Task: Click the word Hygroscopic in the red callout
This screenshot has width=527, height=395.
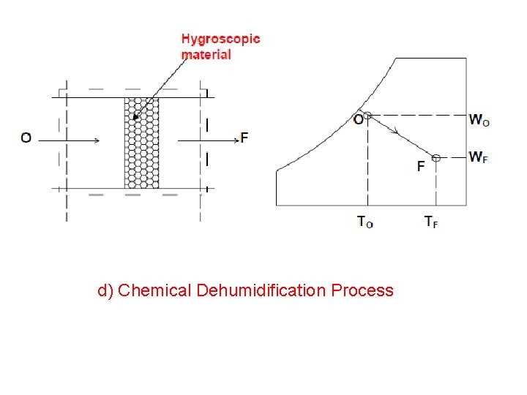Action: point(220,39)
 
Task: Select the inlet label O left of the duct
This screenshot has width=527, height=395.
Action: point(26,138)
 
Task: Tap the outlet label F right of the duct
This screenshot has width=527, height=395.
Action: point(244,138)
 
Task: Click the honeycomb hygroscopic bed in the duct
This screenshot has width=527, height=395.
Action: point(141,143)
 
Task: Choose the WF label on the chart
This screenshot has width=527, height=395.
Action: point(478,157)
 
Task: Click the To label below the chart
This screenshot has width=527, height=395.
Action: point(365,222)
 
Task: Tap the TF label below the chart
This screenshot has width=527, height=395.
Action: point(431,222)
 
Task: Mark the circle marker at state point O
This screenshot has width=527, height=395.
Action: point(367,115)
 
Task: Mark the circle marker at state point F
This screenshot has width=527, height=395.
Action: point(436,157)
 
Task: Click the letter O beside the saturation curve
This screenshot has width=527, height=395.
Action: point(358,119)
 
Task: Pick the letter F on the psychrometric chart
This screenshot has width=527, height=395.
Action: point(421,166)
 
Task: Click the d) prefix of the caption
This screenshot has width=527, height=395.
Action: point(105,290)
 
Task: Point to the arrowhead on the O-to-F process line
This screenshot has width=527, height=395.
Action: point(396,132)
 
